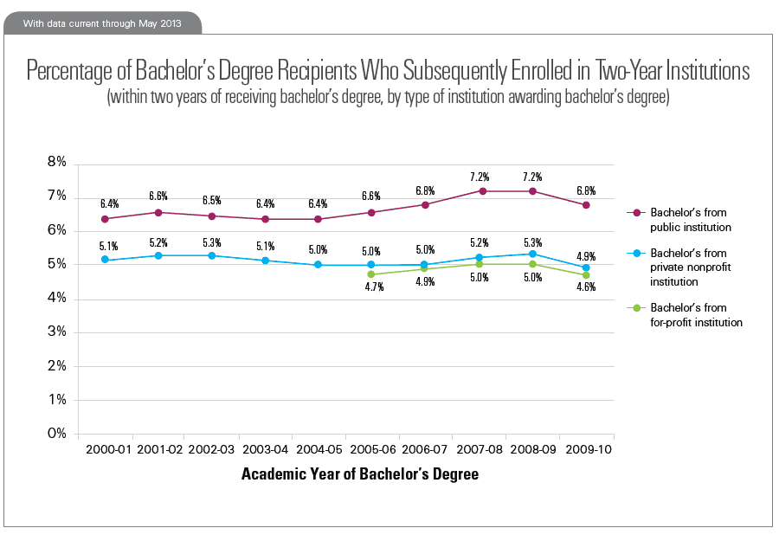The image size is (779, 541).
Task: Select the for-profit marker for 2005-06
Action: [371, 274]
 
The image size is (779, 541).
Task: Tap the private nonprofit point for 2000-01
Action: [105, 260]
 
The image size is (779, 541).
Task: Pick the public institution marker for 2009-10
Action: [586, 205]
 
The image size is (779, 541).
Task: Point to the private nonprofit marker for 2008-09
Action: [532, 254]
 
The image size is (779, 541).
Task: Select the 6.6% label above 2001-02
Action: [158, 195]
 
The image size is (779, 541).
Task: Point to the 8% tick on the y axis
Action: [56, 163]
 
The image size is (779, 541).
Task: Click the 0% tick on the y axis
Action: [56, 434]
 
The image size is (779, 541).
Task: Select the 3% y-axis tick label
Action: [56, 332]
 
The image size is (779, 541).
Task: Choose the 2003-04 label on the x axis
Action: [265, 451]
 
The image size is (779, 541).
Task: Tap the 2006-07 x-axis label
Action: [425, 451]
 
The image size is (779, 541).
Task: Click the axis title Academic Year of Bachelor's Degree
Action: [359, 474]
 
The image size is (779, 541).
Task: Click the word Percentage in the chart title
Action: [70, 70]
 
